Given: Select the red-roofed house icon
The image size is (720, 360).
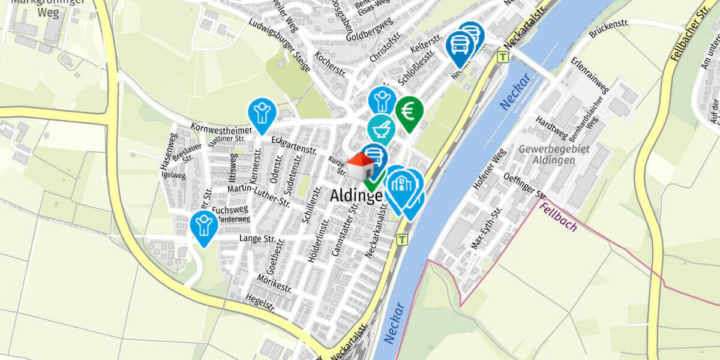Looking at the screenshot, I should (x=361, y=166).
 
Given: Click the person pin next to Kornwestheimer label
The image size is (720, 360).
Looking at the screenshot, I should (x=262, y=113).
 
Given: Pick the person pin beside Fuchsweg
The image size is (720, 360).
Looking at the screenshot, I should (x=204, y=226).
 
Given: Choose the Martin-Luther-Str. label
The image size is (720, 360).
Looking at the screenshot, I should (x=259, y=196).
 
